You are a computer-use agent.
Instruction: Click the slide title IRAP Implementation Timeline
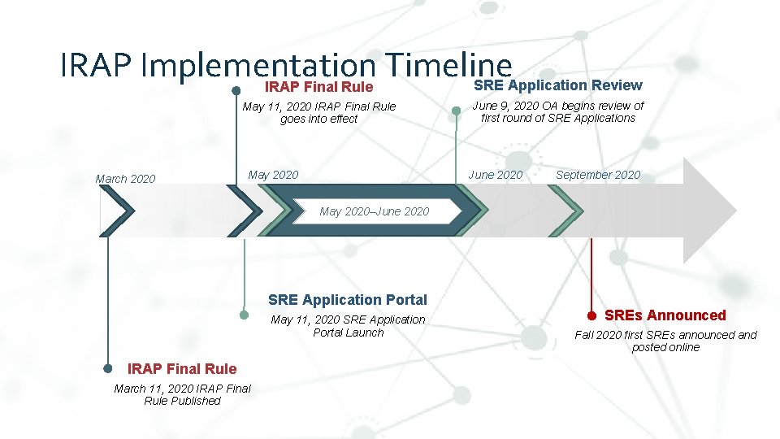point(286,65)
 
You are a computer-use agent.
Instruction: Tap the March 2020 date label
point(125,179)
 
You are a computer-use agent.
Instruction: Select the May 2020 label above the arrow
point(273,175)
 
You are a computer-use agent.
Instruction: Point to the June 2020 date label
point(496,175)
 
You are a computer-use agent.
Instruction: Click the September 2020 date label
point(598,175)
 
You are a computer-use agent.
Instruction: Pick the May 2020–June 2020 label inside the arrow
point(375,211)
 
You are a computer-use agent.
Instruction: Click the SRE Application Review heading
point(557,85)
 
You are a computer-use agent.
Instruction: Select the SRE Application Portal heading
point(347,300)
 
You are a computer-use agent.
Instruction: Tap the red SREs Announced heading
point(665,315)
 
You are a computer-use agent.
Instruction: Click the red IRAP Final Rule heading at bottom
point(183,369)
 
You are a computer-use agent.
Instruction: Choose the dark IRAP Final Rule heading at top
point(319,87)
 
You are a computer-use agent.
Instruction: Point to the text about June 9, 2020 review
point(558,112)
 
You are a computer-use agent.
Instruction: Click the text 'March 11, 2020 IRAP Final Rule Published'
point(183,394)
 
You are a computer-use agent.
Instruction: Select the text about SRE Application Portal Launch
point(348,326)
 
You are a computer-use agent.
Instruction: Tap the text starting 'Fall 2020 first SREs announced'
point(665,341)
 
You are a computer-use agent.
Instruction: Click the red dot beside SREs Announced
point(592,315)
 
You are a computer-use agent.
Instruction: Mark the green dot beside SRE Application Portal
point(244,314)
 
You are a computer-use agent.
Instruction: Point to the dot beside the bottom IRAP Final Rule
point(108,368)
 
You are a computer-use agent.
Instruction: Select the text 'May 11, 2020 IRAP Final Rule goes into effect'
point(319,113)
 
